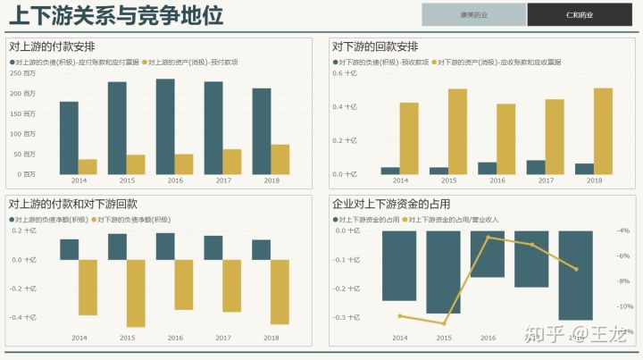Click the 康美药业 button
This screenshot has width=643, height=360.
(474, 14)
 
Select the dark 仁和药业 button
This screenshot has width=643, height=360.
(580, 14)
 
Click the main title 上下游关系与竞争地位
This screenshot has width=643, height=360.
(116, 15)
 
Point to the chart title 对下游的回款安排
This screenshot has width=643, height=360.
(375, 46)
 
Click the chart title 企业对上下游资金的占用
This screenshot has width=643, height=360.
(391, 204)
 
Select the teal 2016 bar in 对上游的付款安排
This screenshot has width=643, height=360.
(165, 126)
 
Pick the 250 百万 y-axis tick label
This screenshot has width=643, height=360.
(23, 73)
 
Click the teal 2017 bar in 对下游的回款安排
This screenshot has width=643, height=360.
(536, 167)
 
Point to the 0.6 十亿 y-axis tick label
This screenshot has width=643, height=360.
(345, 73)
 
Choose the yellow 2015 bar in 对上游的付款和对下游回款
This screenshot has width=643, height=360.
(136, 293)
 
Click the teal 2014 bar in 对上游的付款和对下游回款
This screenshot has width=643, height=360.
(70, 249)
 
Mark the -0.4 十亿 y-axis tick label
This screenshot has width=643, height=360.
(23, 317)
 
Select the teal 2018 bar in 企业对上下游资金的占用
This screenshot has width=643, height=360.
(576, 274)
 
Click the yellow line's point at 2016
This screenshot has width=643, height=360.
(488, 237)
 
